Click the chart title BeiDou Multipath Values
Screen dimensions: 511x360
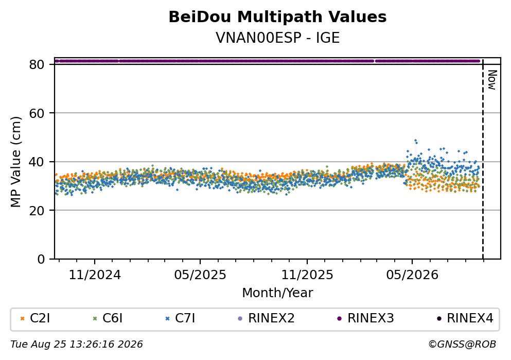coord(277,17)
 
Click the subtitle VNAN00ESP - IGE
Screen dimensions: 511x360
coord(277,38)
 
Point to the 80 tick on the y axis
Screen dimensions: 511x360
coord(37,64)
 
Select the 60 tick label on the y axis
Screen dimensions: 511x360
coord(37,113)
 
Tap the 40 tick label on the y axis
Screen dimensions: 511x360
coord(37,162)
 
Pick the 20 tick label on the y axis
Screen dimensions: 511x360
coord(37,210)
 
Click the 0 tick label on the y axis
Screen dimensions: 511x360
coord(41,259)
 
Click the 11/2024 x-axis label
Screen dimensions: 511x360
coord(95,275)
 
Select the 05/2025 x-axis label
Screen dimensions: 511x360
coord(200,275)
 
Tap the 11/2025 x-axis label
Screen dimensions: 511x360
coord(307,275)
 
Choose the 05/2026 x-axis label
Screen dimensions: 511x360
coord(412,275)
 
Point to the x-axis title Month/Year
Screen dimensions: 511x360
coord(277,293)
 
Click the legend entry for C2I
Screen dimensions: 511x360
coord(35,318)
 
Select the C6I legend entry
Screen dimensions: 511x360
coord(108,318)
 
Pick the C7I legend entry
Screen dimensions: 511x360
coord(180,318)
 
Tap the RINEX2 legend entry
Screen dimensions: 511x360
coord(266,318)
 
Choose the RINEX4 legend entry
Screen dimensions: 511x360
coord(465,318)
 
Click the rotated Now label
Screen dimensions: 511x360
coord(492,80)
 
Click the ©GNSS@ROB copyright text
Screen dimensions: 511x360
coord(462,345)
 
